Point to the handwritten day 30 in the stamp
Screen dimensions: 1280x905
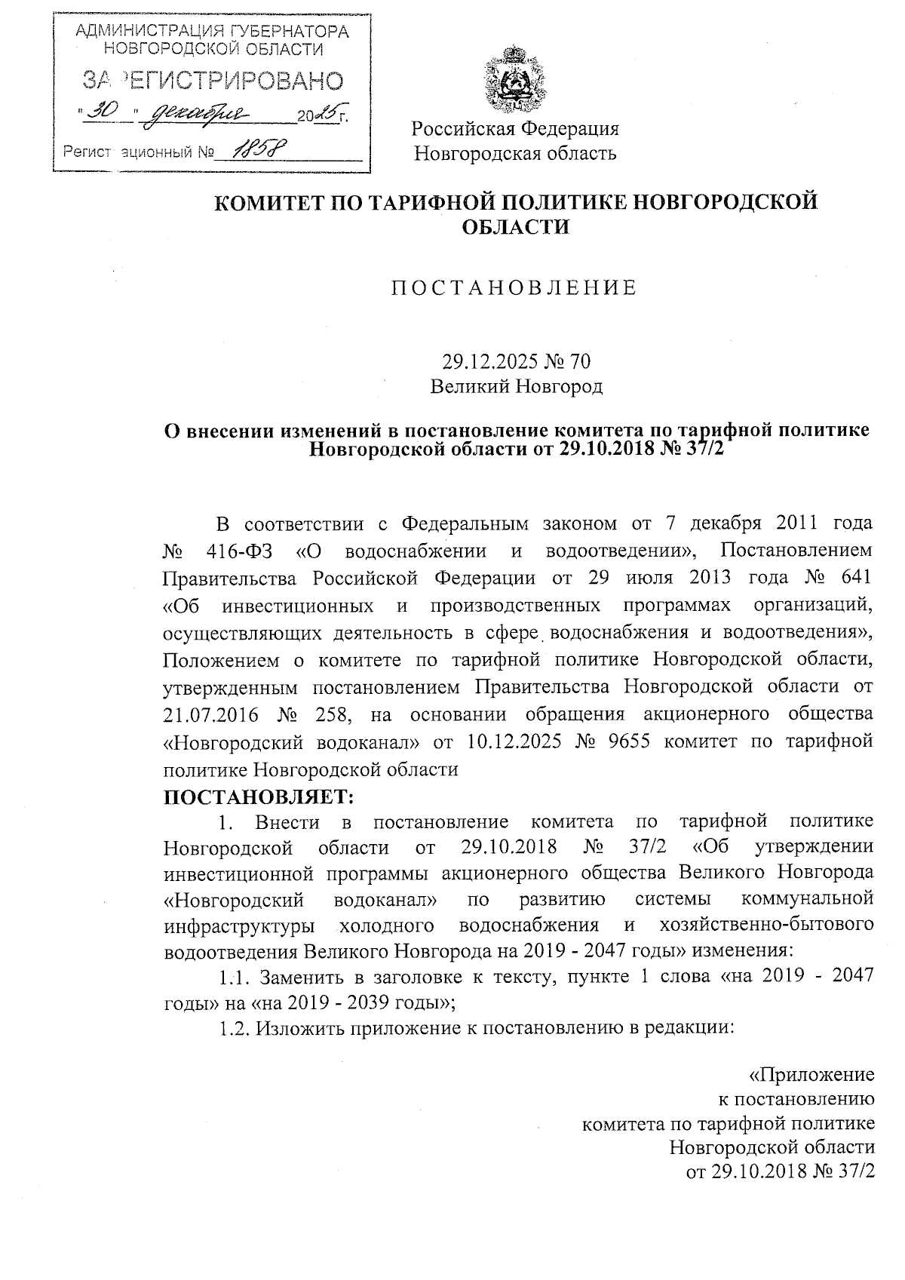coord(103,112)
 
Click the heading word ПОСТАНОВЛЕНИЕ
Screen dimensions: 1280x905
coord(514,288)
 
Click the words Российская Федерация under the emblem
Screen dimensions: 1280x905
coord(515,129)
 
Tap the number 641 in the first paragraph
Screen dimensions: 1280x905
coord(854,578)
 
